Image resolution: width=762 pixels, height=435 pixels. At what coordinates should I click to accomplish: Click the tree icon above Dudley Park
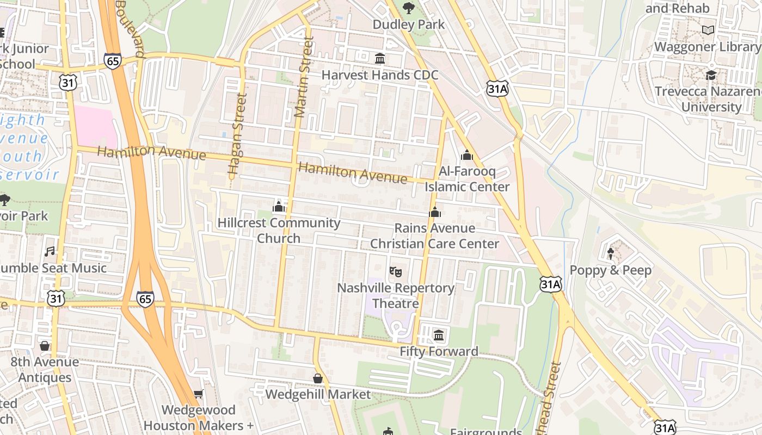click(x=408, y=8)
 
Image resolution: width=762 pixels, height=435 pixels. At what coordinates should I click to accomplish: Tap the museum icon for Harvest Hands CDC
click(x=380, y=58)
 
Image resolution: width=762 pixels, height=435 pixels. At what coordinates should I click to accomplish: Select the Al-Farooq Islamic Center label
click(x=467, y=179)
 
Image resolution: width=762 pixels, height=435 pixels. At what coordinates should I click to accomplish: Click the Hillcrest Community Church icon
click(x=279, y=207)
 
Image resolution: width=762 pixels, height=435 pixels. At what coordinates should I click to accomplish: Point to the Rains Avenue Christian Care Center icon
click(x=434, y=212)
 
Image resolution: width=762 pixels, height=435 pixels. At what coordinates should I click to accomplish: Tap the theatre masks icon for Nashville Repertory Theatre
click(x=396, y=271)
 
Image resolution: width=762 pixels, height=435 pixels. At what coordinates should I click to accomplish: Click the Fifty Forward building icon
click(x=439, y=335)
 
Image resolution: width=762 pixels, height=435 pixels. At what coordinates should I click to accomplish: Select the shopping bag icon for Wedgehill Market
click(x=318, y=378)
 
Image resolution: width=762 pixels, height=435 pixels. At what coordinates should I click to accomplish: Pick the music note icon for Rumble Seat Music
click(x=50, y=251)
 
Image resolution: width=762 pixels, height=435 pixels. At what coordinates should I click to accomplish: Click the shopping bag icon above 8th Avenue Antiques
click(x=45, y=346)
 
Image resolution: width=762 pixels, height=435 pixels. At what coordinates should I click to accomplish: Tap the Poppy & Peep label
click(x=610, y=270)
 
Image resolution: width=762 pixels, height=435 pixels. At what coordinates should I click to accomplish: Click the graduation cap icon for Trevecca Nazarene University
click(x=711, y=75)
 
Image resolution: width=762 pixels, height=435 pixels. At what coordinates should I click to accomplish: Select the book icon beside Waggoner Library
click(x=708, y=30)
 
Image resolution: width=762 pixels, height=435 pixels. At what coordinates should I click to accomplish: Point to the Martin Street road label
click(x=303, y=76)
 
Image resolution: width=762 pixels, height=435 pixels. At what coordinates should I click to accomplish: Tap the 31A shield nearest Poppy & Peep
click(x=550, y=283)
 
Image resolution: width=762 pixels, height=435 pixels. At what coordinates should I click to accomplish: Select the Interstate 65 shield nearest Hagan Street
click(x=113, y=60)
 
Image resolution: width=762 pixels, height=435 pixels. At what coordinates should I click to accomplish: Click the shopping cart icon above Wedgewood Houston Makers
click(x=198, y=394)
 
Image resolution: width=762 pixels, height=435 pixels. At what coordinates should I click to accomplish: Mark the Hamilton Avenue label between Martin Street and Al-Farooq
click(x=353, y=173)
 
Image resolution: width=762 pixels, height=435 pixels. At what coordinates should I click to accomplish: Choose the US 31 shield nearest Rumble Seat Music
click(x=56, y=297)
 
